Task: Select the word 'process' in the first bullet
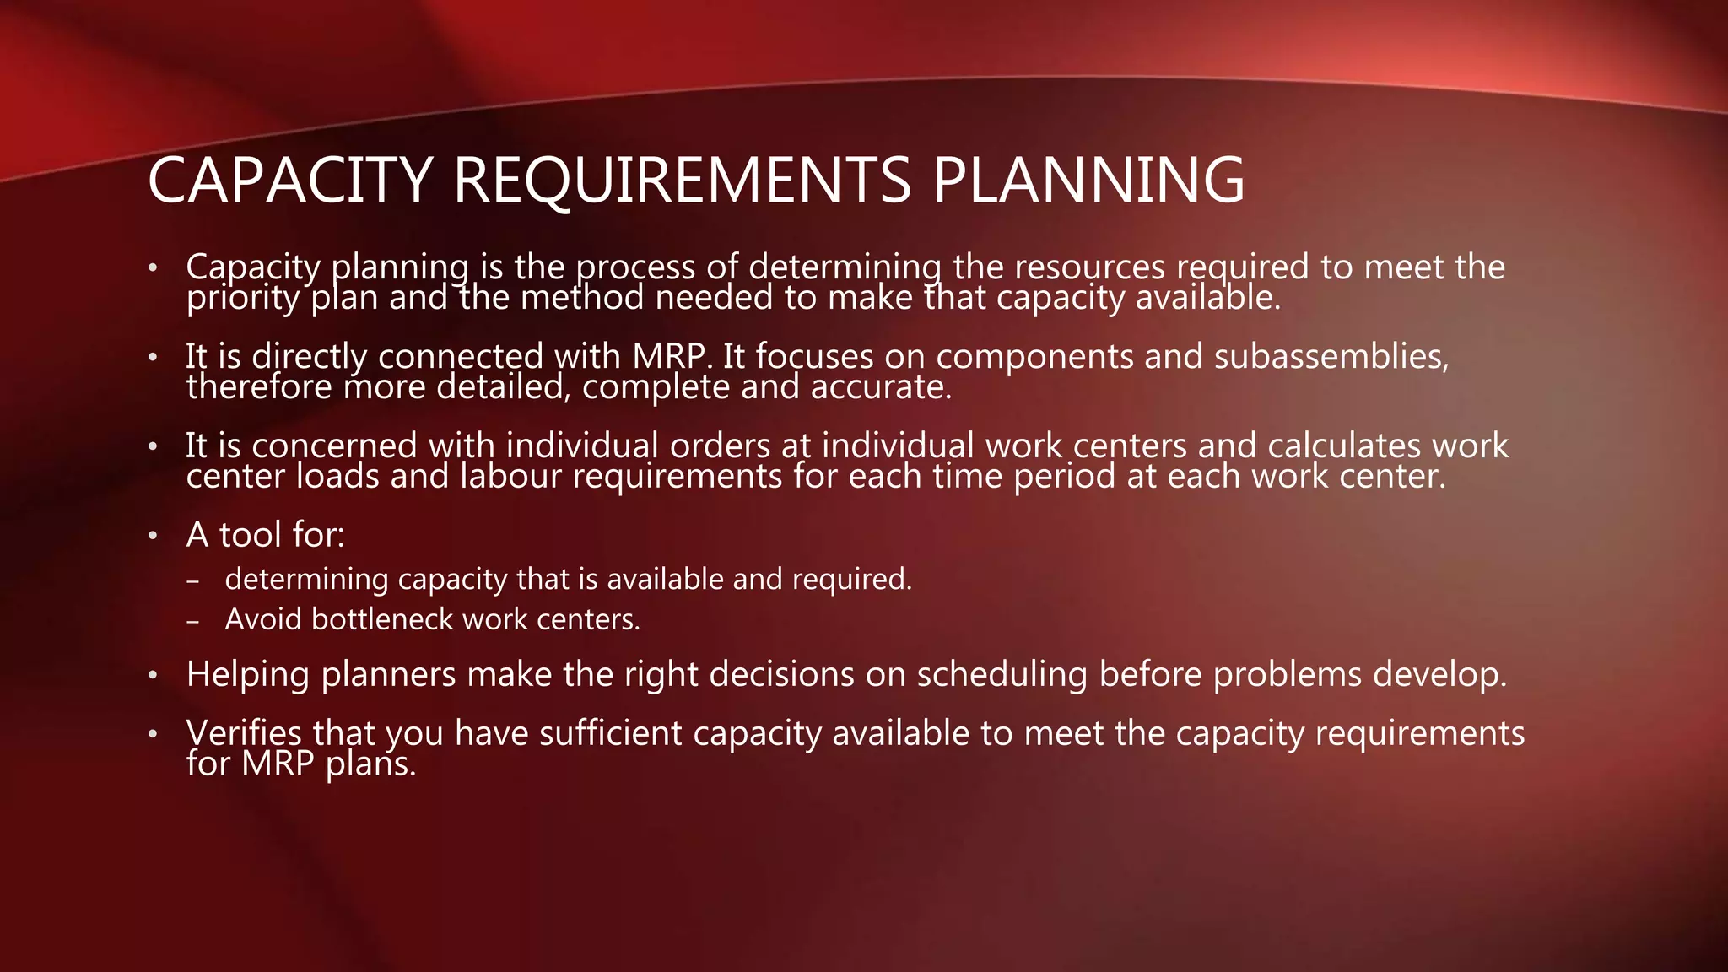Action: [636, 267]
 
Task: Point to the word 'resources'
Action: [1089, 267]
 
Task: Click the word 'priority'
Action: [243, 298]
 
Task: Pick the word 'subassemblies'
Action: [1331, 357]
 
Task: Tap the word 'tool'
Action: [251, 535]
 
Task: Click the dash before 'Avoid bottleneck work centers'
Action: [194, 622]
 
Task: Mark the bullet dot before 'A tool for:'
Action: [153, 537]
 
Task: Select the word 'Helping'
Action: [248, 675]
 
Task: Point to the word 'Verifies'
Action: [244, 733]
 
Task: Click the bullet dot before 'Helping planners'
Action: [153, 676]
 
